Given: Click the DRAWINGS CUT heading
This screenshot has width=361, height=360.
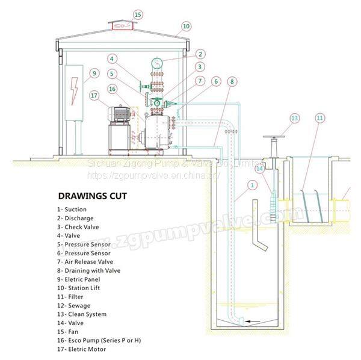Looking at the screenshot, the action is click(93, 196).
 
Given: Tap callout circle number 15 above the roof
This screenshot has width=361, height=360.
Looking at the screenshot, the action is click(138, 14).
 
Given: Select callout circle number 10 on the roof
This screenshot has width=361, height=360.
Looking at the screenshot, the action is click(186, 26).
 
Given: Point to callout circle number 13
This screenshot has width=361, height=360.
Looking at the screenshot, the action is click(294, 118).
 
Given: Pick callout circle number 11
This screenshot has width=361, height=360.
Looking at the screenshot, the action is click(320, 118).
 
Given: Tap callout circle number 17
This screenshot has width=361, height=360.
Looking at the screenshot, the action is click(93, 95).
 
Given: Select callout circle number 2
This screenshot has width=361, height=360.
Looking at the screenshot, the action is click(200, 54).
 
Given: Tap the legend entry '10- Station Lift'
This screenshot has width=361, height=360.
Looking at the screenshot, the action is click(79, 288).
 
